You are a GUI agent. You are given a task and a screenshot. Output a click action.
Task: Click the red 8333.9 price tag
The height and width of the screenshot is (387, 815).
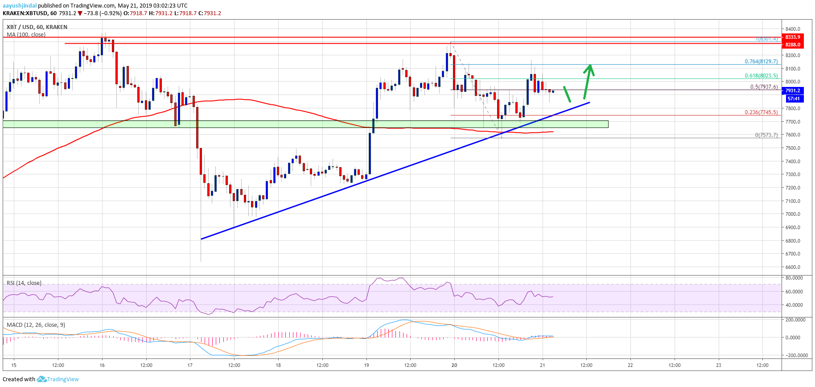792,37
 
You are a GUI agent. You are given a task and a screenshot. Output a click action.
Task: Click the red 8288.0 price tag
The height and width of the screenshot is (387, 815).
792,45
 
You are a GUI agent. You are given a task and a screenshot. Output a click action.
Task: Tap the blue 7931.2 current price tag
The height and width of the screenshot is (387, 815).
792,91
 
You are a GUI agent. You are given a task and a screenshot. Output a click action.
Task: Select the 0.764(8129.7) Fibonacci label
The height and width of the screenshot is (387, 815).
761,62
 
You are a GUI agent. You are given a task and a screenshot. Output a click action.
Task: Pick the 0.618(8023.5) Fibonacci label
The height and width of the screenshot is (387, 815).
761,76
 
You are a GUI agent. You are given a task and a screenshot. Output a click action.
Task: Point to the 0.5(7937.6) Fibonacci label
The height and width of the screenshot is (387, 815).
764,87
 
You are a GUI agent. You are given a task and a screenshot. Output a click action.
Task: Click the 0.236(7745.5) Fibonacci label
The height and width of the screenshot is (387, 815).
761,112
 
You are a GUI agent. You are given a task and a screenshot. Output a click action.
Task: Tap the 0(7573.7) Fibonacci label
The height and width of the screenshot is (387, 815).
766,135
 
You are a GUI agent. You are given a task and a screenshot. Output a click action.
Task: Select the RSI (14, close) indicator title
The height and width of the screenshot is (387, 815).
24,283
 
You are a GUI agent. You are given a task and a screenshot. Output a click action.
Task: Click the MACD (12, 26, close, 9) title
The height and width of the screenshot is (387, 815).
36,325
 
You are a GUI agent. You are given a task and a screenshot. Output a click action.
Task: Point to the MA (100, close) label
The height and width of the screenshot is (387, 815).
26,35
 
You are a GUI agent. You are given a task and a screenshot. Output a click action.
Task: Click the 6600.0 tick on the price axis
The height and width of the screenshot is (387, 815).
793,267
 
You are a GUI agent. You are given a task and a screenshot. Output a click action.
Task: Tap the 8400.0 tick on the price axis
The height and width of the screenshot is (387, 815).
793,29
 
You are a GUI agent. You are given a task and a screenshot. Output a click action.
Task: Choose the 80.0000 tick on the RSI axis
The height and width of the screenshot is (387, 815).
794,278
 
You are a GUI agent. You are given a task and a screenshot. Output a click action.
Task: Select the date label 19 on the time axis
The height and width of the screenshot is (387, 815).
366,365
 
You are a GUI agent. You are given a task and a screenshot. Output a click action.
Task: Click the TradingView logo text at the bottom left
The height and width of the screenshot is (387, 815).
62,379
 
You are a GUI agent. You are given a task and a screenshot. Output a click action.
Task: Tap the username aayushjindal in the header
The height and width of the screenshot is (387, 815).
20,6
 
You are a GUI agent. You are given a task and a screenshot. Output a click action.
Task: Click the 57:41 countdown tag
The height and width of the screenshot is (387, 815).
793,99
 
